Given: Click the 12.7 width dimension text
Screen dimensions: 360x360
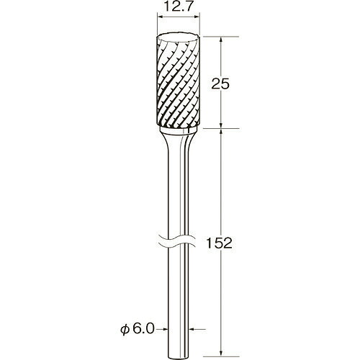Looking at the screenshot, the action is pyautogui.click(x=178, y=7).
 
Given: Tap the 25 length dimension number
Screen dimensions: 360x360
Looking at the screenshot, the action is pyautogui.click(x=220, y=84).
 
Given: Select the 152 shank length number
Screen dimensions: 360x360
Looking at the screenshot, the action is pyautogui.click(x=220, y=243).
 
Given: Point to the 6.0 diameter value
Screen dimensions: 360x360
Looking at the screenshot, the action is pyautogui.click(x=143, y=329).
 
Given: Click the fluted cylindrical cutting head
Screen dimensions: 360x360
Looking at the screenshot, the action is pyautogui.click(x=179, y=81).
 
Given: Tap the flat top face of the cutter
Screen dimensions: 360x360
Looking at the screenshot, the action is pyautogui.click(x=179, y=37).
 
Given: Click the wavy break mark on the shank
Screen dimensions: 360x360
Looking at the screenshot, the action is pyautogui.click(x=178, y=240).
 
